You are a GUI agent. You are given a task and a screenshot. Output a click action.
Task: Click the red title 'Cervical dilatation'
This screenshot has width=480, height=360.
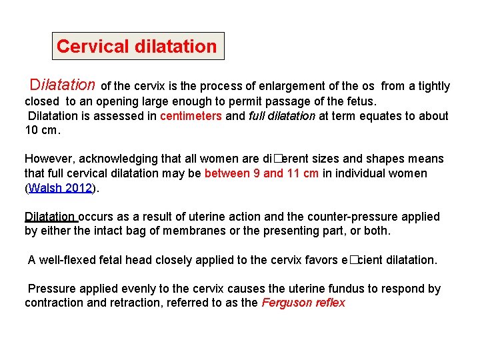point(137,47)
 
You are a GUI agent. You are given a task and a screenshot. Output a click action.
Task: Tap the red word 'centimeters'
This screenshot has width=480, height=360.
point(191,116)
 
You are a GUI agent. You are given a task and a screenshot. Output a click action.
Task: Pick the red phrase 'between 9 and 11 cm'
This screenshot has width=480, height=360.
point(261,173)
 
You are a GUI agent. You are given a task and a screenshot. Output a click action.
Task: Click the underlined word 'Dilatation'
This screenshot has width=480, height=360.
point(50,217)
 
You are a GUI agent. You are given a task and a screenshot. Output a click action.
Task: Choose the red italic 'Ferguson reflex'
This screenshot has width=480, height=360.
point(303,303)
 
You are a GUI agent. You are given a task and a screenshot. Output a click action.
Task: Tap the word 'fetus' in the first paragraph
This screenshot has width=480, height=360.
point(361,101)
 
